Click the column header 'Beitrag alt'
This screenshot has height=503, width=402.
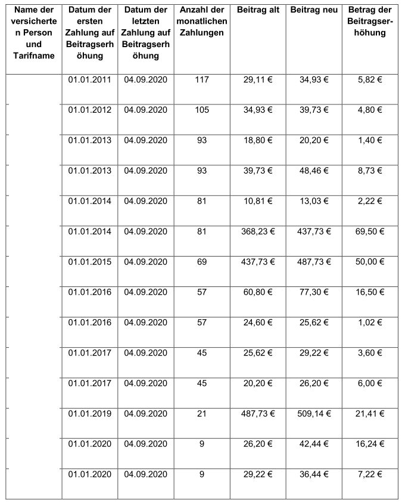coord(257,11)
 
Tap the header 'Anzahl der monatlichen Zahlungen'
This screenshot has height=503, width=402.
coord(201,22)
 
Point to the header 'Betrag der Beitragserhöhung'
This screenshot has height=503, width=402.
coord(370,22)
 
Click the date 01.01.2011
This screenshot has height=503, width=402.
coord(89,79)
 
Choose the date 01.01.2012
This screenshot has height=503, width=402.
coord(89,110)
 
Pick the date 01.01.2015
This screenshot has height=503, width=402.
coord(89,261)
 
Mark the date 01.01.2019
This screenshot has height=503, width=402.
coord(89,413)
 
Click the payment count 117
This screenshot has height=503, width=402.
coord(201,79)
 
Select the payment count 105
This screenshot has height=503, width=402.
coord(201,110)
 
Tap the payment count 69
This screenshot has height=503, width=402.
coord(201,261)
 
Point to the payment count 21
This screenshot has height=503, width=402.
coord(201,413)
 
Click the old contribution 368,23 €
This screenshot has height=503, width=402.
coord(257,231)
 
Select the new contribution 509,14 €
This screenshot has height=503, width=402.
coord(313,413)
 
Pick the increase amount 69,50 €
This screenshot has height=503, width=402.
coord(370,231)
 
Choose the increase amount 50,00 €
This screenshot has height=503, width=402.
coord(370,261)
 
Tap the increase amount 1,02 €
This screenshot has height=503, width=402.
coord(370,322)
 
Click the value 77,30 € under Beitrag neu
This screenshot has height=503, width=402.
coord(313,292)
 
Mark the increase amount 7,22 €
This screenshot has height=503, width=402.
coord(370,474)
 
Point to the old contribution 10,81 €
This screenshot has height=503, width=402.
coord(257,201)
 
